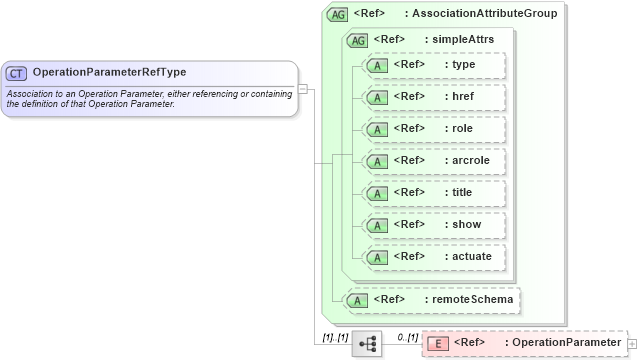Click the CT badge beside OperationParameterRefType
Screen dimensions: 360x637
click(16, 73)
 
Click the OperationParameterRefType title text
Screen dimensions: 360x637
click(109, 72)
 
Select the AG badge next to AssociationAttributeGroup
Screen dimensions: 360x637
click(337, 14)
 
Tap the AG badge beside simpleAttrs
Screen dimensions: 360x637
click(356, 40)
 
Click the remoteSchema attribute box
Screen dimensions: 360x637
click(431, 299)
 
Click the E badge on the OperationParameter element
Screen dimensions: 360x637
click(437, 344)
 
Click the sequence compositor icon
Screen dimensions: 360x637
click(367, 344)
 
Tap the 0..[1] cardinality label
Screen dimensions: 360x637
click(407, 337)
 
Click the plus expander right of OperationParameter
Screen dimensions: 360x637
click(631, 344)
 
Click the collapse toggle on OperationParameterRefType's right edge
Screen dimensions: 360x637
click(303, 88)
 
